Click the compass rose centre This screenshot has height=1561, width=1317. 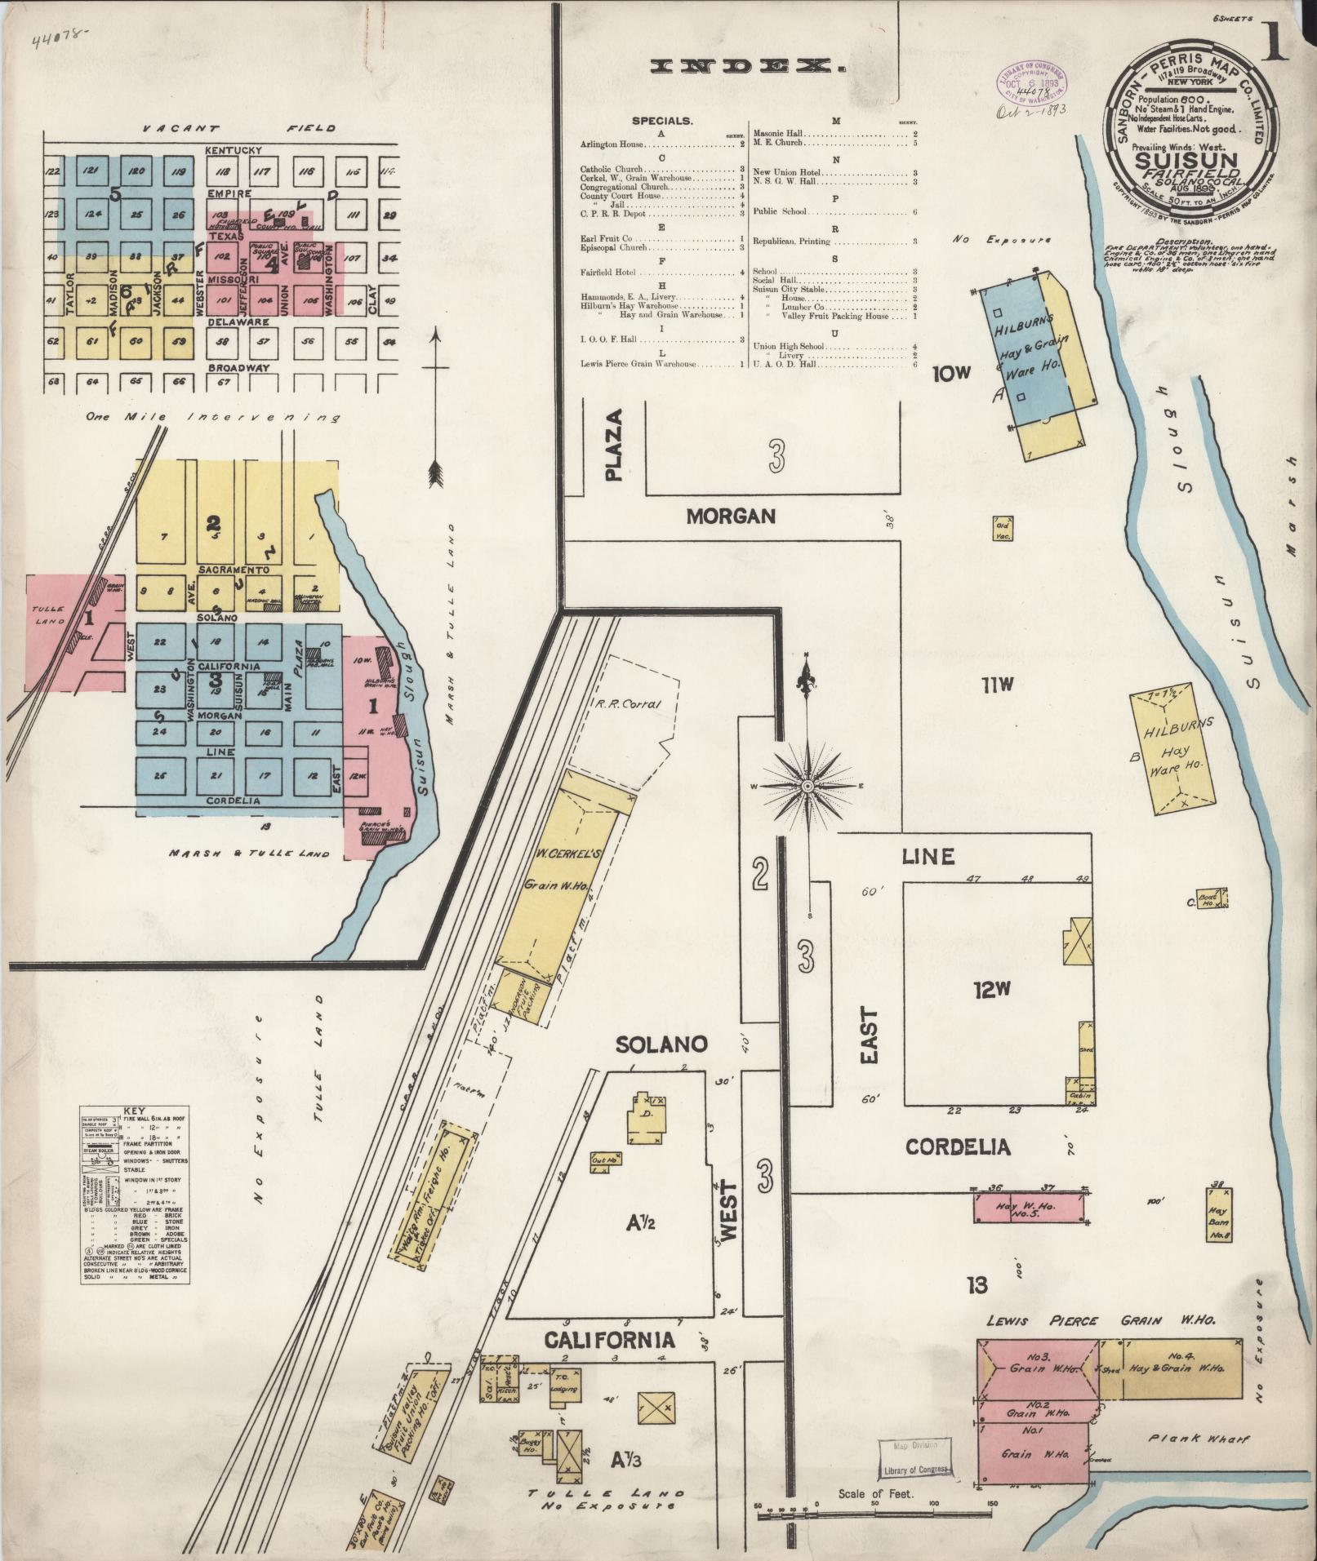click(x=807, y=787)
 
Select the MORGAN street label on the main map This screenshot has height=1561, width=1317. click(x=731, y=516)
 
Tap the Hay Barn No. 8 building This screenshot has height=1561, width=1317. click(x=1218, y=1214)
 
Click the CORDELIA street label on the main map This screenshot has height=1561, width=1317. click(x=958, y=1146)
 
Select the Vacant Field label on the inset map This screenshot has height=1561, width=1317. click(x=237, y=129)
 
